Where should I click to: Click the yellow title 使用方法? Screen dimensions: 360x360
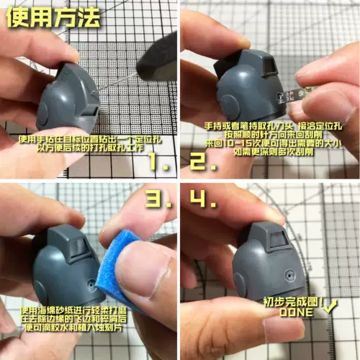click(x=53, y=18)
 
